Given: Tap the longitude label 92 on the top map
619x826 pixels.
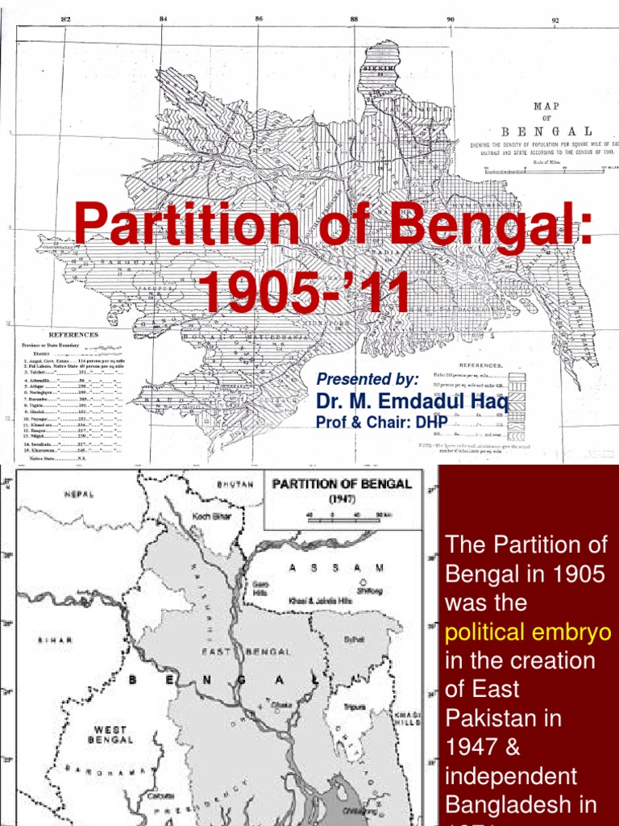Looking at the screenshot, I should pos(555,19).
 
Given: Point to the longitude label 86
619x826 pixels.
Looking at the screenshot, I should pos(258,18).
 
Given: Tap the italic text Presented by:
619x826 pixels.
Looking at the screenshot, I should pos(368,379).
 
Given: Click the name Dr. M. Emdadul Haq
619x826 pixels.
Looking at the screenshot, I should pos(413,402).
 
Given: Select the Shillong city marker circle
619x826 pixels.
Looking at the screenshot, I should pos(365,580).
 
